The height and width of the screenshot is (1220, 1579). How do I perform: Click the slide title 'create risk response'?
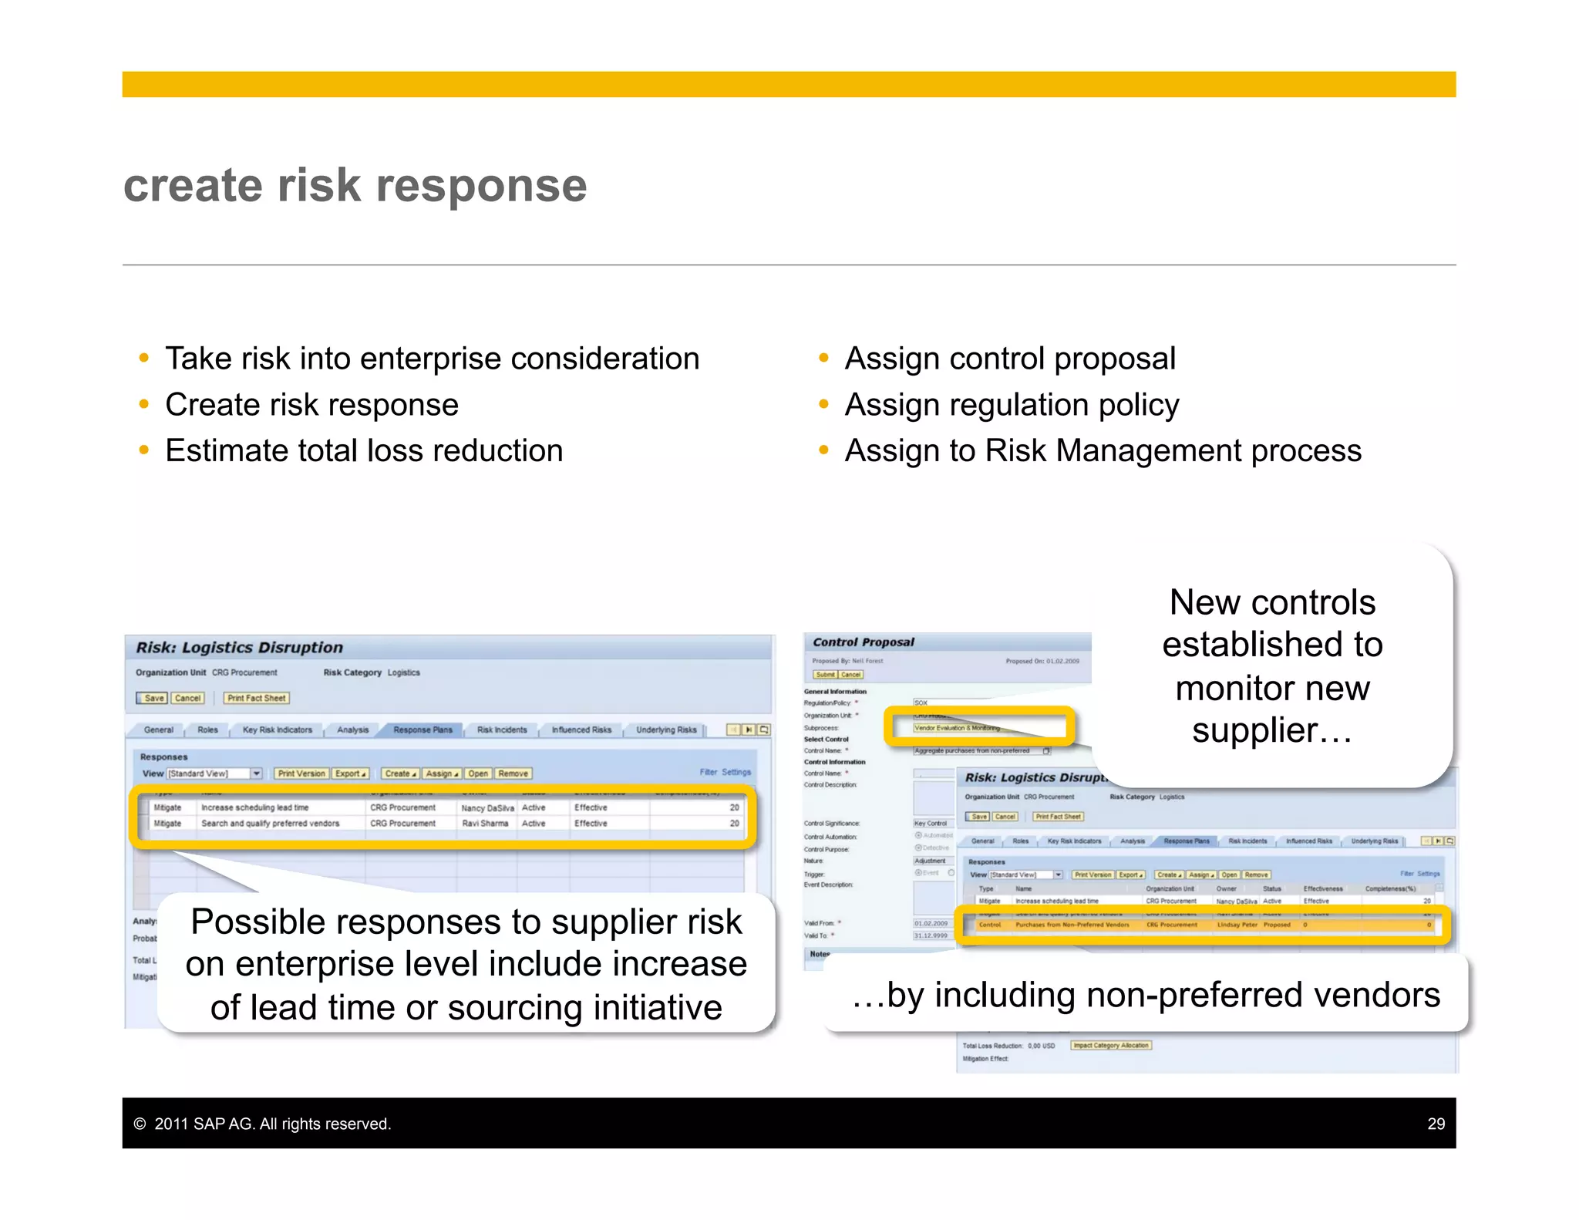[355, 186]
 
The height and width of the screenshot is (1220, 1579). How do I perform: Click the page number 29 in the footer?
[1436, 1124]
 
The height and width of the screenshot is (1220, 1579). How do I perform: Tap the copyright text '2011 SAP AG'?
[272, 1124]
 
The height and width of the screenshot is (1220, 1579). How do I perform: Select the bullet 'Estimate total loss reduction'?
[363, 450]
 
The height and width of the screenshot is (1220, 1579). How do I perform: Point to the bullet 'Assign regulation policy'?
[1012, 405]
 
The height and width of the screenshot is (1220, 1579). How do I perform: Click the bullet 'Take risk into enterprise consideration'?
[432, 359]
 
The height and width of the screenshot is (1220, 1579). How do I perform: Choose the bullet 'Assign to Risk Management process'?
[1103, 450]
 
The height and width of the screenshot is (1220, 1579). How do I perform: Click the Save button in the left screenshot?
[153, 698]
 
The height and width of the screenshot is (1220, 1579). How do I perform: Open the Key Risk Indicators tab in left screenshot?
[277, 730]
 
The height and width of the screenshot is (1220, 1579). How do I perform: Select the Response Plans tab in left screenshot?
[423, 730]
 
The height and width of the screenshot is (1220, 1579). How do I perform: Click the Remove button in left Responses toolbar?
[513, 773]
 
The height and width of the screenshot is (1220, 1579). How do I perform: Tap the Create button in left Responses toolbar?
[399, 773]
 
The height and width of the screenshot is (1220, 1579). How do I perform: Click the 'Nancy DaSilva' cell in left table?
[486, 808]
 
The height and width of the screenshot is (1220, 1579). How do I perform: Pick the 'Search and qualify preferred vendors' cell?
[270, 824]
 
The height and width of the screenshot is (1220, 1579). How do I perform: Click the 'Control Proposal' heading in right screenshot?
[863, 642]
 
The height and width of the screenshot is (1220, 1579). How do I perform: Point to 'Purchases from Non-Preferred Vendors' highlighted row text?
[1072, 925]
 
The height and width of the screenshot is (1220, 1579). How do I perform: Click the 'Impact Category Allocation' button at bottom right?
[1110, 1046]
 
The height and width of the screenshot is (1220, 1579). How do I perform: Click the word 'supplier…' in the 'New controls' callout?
[1271, 730]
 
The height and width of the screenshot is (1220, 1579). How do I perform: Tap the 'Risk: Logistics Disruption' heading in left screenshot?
[239, 648]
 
